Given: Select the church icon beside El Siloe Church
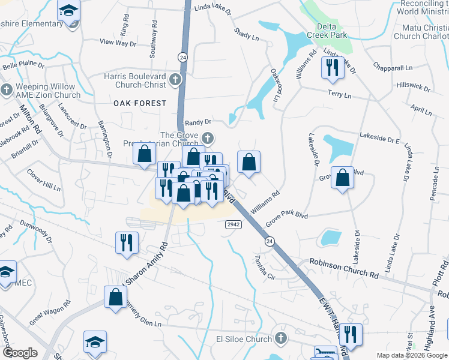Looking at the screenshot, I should click(x=280, y=339).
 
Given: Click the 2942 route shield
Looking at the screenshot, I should click(x=234, y=224).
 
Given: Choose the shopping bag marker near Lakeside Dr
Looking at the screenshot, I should click(x=342, y=178).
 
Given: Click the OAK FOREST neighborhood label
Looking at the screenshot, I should click(x=140, y=103).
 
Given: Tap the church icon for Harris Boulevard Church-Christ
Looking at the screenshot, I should click(x=175, y=79).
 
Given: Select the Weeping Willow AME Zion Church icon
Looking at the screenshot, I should click(x=7, y=91).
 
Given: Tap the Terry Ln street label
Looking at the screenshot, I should click(x=339, y=95).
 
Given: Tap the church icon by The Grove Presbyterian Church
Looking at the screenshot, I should click(x=207, y=138).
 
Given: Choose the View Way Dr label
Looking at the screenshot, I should click(x=118, y=43).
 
